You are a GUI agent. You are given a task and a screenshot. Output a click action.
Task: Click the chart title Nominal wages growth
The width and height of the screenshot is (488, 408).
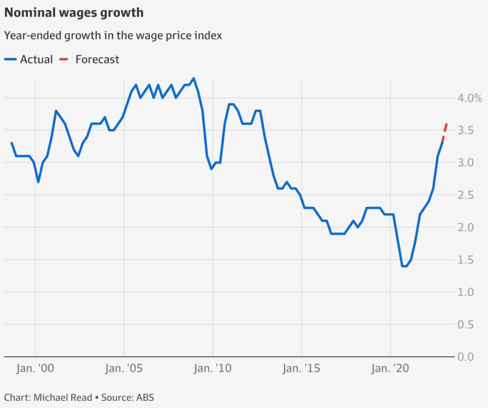[74, 13]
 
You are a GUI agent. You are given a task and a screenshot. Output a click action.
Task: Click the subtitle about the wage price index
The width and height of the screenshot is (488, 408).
[113, 36]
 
